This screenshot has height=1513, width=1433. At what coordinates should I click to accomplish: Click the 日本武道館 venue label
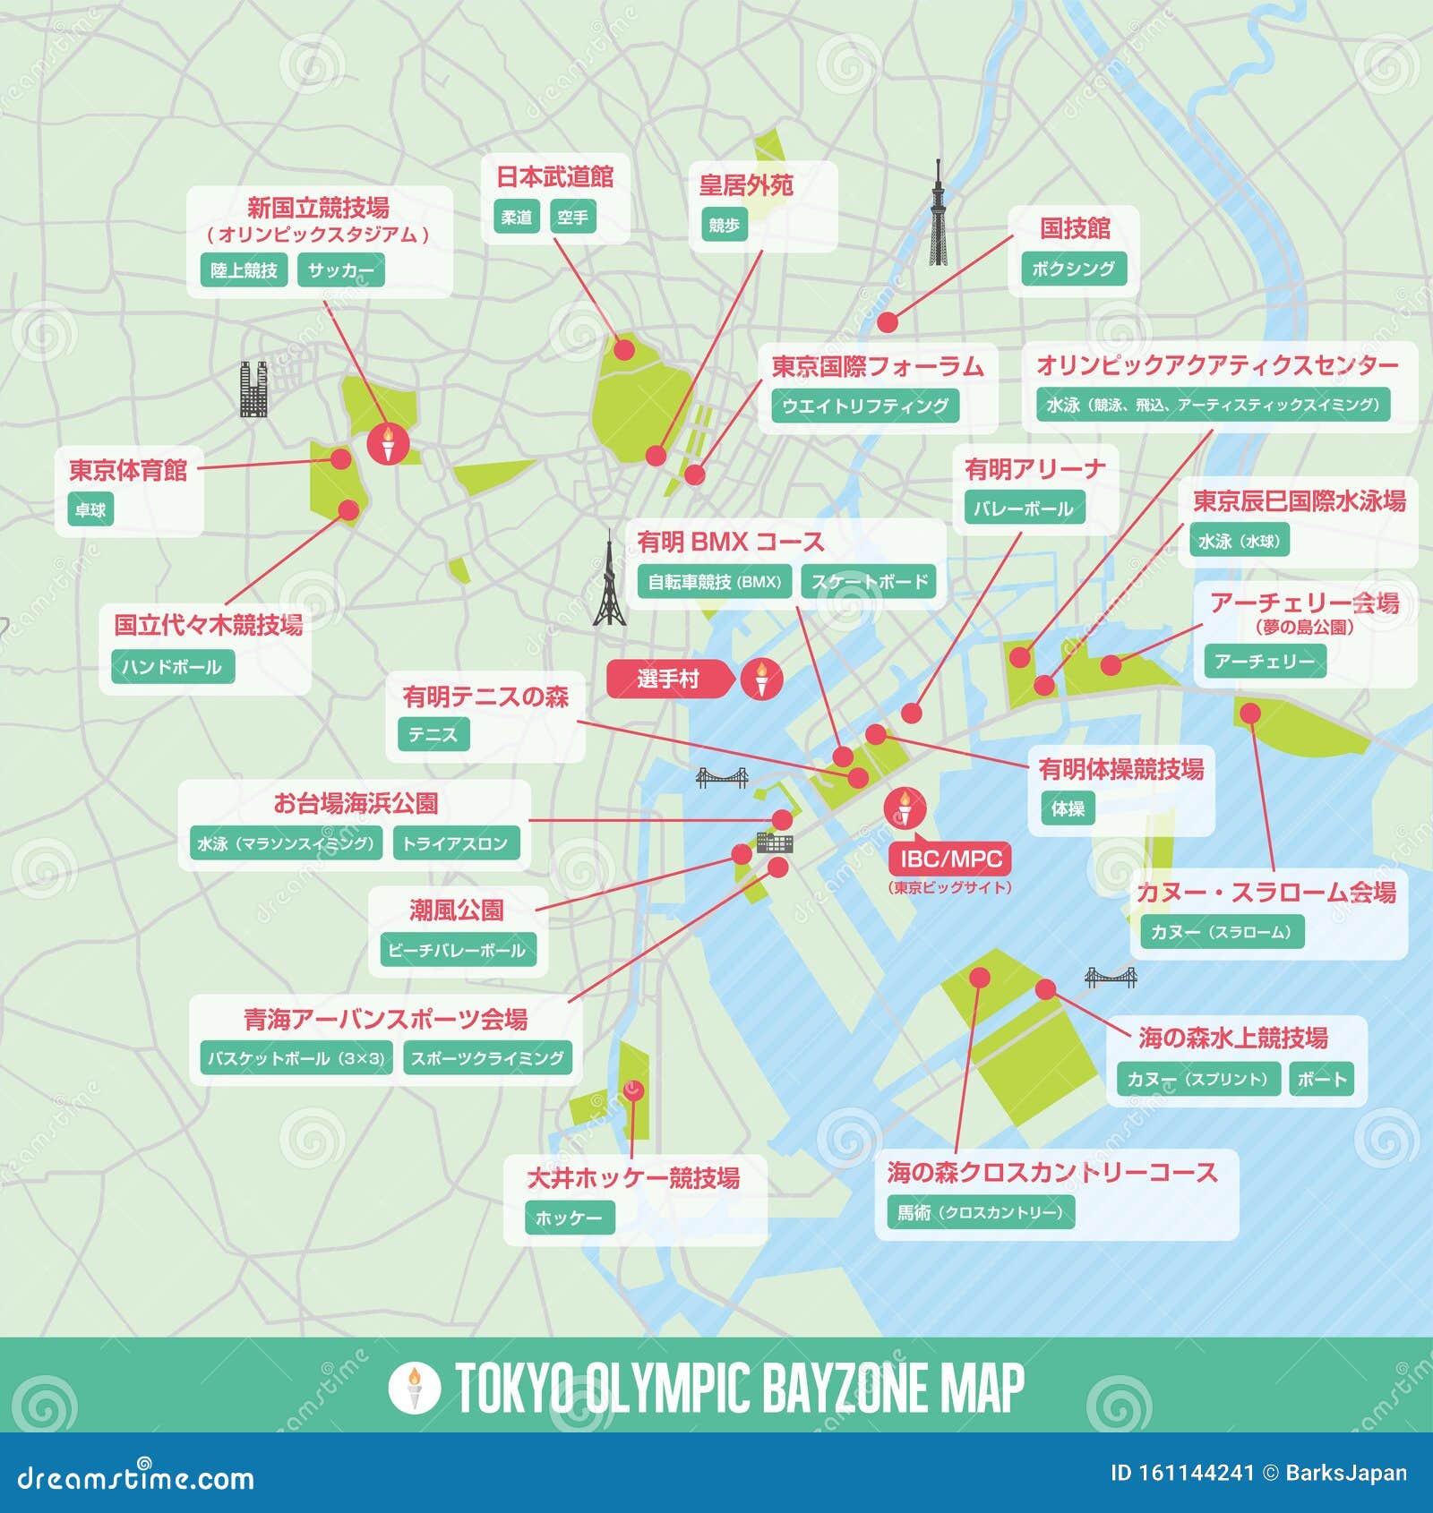pyautogui.click(x=554, y=176)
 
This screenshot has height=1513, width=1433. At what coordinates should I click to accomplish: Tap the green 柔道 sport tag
pyautogui.click(x=516, y=218)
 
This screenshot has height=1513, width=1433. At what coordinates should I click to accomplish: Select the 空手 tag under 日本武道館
pyautogui.click(x=571, y=218)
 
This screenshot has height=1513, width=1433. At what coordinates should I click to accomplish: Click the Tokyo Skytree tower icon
pyautogui.click(x=937, y=215)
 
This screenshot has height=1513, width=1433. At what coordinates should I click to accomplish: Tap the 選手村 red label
pyautogui.click(x=668, y=679)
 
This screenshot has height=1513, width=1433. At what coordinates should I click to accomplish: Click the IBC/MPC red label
pyautogui.click(x=950, y=859)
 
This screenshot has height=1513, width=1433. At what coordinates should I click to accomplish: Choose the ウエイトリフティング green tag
pyautogui.click(x=864, y=406)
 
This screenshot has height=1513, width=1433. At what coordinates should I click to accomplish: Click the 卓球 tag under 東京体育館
pyautogui.click(x=90, y=510)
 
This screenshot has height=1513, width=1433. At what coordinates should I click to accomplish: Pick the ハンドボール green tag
pyautogui.click(x=172, y=667)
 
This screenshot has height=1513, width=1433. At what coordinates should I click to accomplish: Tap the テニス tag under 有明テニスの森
pyautogui.click(x=433, y=735)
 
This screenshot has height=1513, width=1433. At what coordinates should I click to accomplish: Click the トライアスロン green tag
pyautogui.click(x=455, y=843)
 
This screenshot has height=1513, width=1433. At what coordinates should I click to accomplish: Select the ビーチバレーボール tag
pyautogui.click(x=457, y=950)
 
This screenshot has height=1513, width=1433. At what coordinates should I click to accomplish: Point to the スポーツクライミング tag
pyautogui.click(x=487, y=1058)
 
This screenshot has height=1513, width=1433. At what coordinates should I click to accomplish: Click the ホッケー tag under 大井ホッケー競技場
pyautogui.click(x=569, y=1218)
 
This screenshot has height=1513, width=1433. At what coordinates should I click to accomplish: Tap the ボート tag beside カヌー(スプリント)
pyautogui.click(x=1322, y=1079)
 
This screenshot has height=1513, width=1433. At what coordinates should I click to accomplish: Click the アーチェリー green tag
pyautogui.click(x=1264, y=662)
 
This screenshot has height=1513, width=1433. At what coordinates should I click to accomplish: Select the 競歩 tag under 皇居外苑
pyautogui.click(x=724, y=226)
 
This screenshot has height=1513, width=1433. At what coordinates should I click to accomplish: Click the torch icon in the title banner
pyautogui.click(x=414, y=1387)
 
